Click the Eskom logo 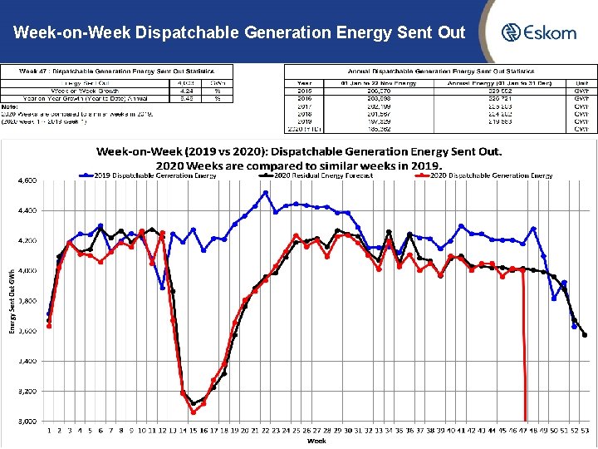click(x=538, y=32)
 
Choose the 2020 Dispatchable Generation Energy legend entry click(x=491, y=175)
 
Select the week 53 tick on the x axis click(x=585, y=431)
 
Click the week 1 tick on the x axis click(x=49, y=431)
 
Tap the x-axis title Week click(x=316, y=441)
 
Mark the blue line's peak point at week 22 click(x=265, y=193)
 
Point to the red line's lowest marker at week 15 click(x=194, y=412)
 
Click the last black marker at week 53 click(x=585, y=335)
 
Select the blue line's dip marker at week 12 click(x=163, y=288)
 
